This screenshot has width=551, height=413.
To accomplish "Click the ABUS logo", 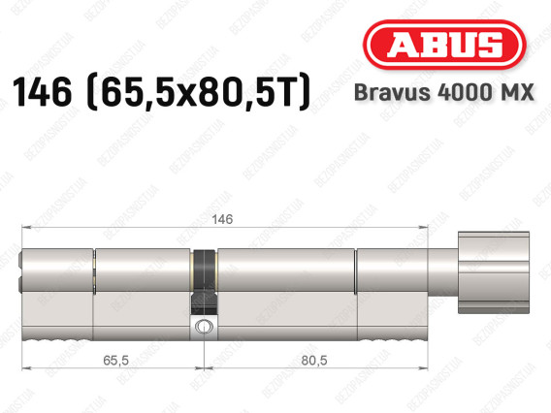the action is [x=444, y=45].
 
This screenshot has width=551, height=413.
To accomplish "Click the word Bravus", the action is [x=392, y=92].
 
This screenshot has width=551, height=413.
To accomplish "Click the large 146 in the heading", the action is [x=42, y=92].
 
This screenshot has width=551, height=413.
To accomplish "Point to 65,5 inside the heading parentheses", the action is [x=129, y=93].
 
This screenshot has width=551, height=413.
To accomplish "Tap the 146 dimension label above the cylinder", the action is [x=222, y=219].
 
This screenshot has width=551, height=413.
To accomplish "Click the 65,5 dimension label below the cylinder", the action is [x=116, y=360].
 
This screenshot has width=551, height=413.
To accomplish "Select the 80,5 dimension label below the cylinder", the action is [x=314, y=360].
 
